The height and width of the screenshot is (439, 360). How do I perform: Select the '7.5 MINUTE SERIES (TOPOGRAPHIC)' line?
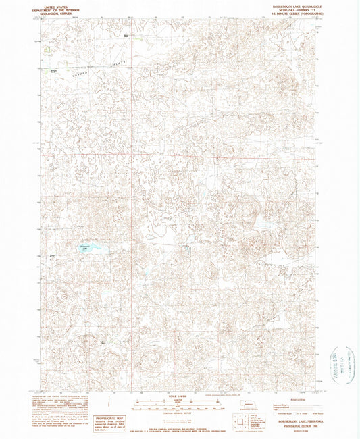tap(289, 13)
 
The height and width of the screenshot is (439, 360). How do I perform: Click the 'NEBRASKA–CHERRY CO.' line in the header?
tap(289, 9)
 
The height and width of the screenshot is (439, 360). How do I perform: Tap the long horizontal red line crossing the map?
tap(179, 156)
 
